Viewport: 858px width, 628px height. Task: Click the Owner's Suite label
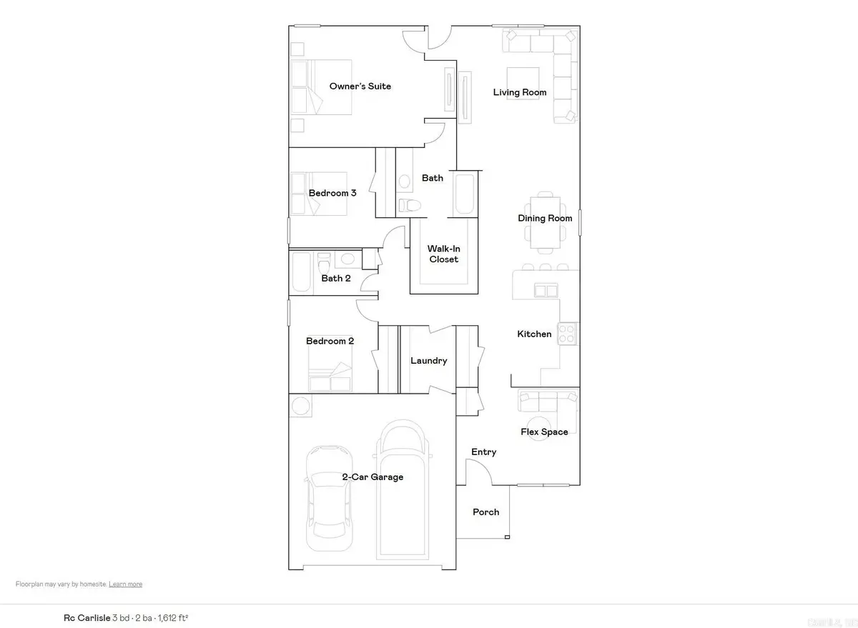(360, 86)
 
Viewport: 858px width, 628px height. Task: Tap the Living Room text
(520, 92)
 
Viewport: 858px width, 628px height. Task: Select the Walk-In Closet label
(443, 254)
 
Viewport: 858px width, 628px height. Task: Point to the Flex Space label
(545, 432)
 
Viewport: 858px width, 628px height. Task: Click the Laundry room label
(428, 361)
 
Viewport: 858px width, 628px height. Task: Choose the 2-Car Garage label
(373, 477)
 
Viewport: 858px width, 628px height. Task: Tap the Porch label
(486, 512)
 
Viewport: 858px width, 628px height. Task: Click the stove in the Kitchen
(568, 334)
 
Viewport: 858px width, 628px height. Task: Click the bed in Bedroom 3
(318, 193)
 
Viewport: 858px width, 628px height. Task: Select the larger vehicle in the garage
(402, 493)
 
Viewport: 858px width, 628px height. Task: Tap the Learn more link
(125, 584)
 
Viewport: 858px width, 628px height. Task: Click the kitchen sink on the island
(546, 291)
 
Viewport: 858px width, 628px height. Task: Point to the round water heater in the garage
(300, 406)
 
